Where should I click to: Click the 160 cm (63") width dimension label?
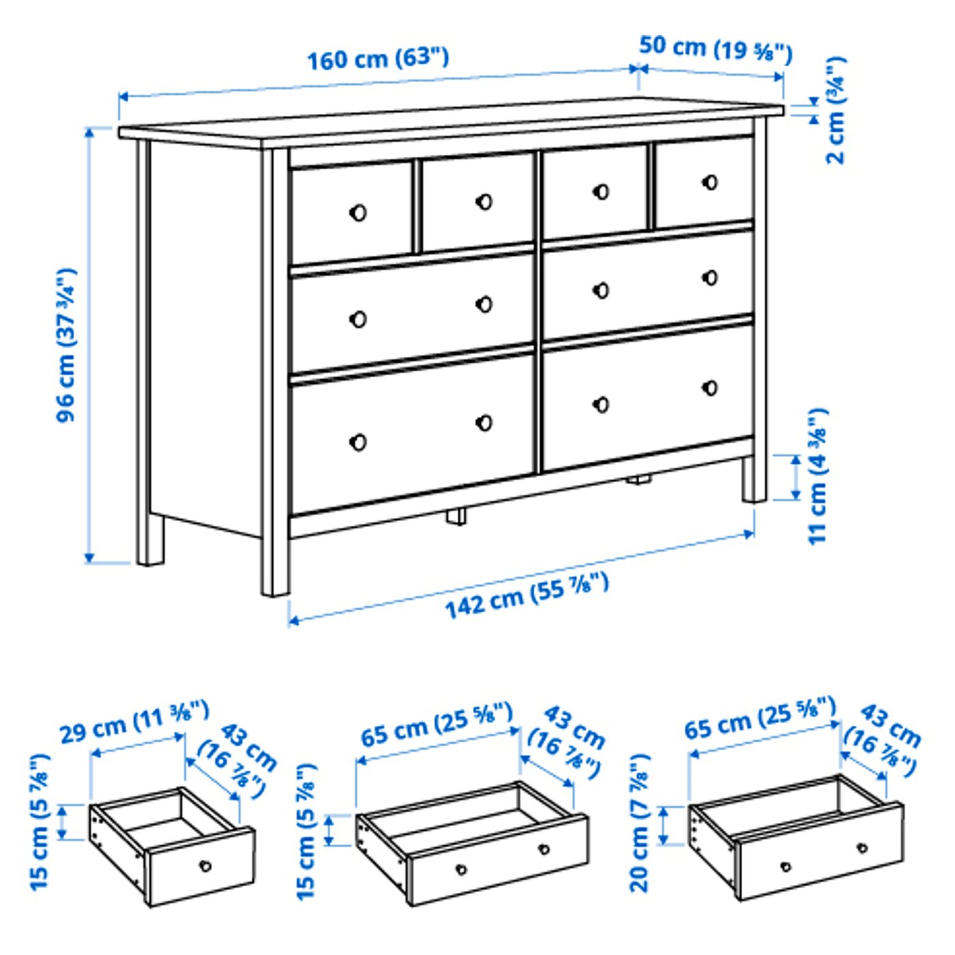(x=377, y=58)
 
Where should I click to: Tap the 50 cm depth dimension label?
(x=715, y=48)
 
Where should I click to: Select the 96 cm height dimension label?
(x=67, y=344)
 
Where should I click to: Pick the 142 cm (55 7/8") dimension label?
(x=526, y=596)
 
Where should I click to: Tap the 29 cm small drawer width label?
(x=134, y=722)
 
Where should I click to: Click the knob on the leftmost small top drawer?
(x=357, y=213)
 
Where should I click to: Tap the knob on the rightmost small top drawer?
(x=710, y=183)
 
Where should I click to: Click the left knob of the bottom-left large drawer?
(x=357, y=443)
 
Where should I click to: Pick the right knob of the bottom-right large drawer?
(x=710, y=388)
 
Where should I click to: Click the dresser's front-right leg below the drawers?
(x=754, y=484)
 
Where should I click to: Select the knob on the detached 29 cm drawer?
(x=205, y=866)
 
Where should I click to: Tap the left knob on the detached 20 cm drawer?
(x=786, y=867)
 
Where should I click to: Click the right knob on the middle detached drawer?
(x=544, y=849)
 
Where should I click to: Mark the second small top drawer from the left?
(x=477, y=202)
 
